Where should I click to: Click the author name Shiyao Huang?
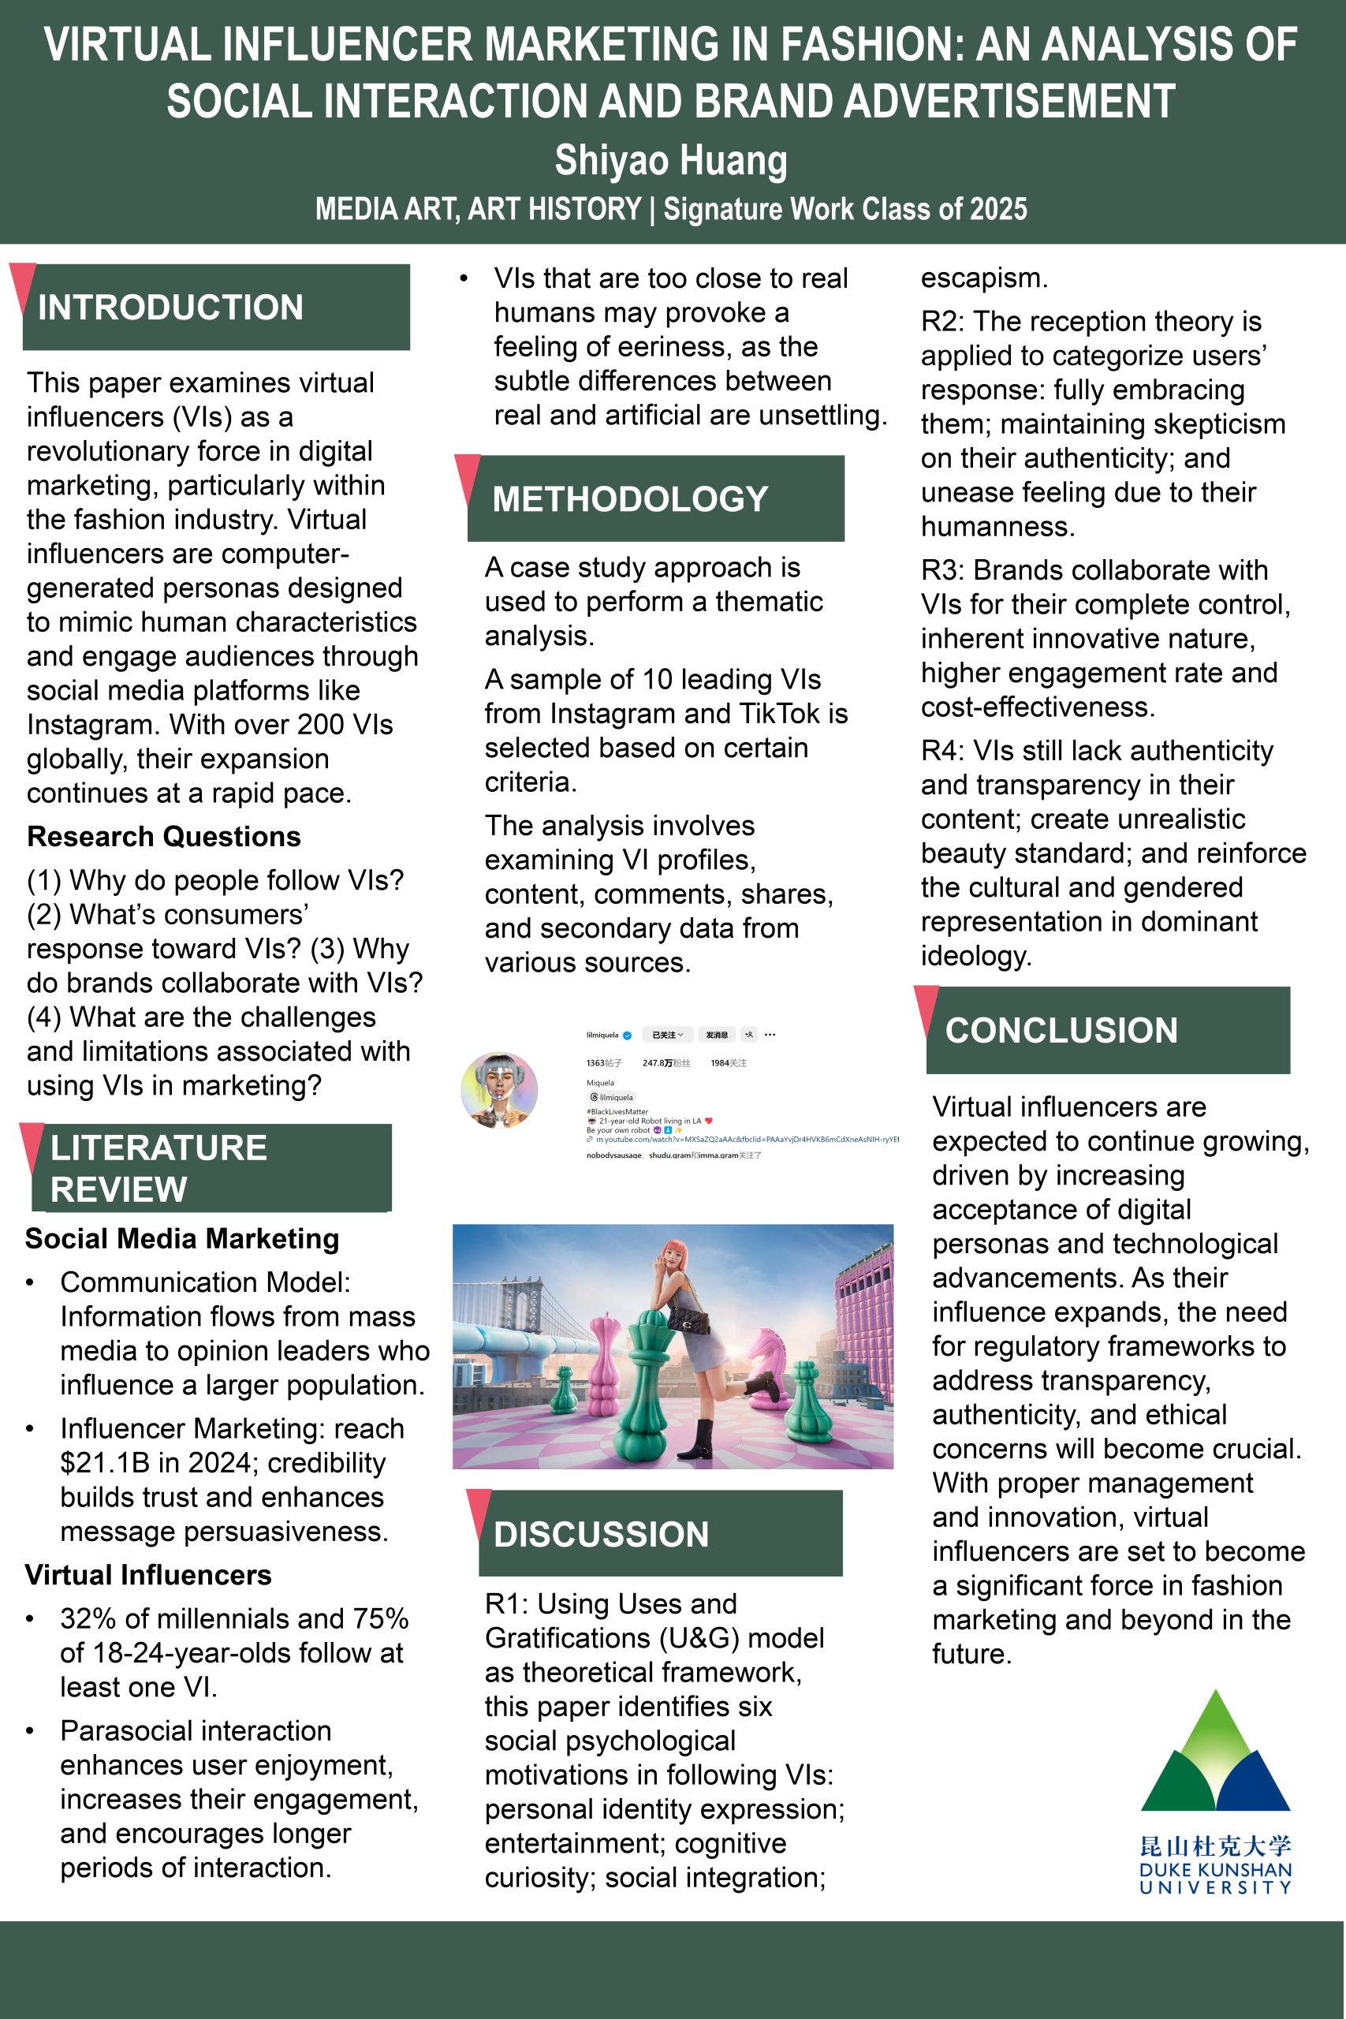click(670, 161)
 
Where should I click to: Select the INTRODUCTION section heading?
click(170, 308)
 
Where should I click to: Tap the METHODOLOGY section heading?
click(630, 498)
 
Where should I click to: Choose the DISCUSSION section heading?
click(601, 1534)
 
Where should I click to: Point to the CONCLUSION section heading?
click(1061, 1030)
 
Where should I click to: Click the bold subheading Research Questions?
click(164, 836)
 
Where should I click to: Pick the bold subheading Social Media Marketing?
click(182, 1239)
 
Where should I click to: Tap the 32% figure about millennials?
click(88, 1619)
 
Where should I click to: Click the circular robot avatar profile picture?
click(499, 1089)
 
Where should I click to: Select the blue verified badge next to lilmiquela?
click(627, 1036)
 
